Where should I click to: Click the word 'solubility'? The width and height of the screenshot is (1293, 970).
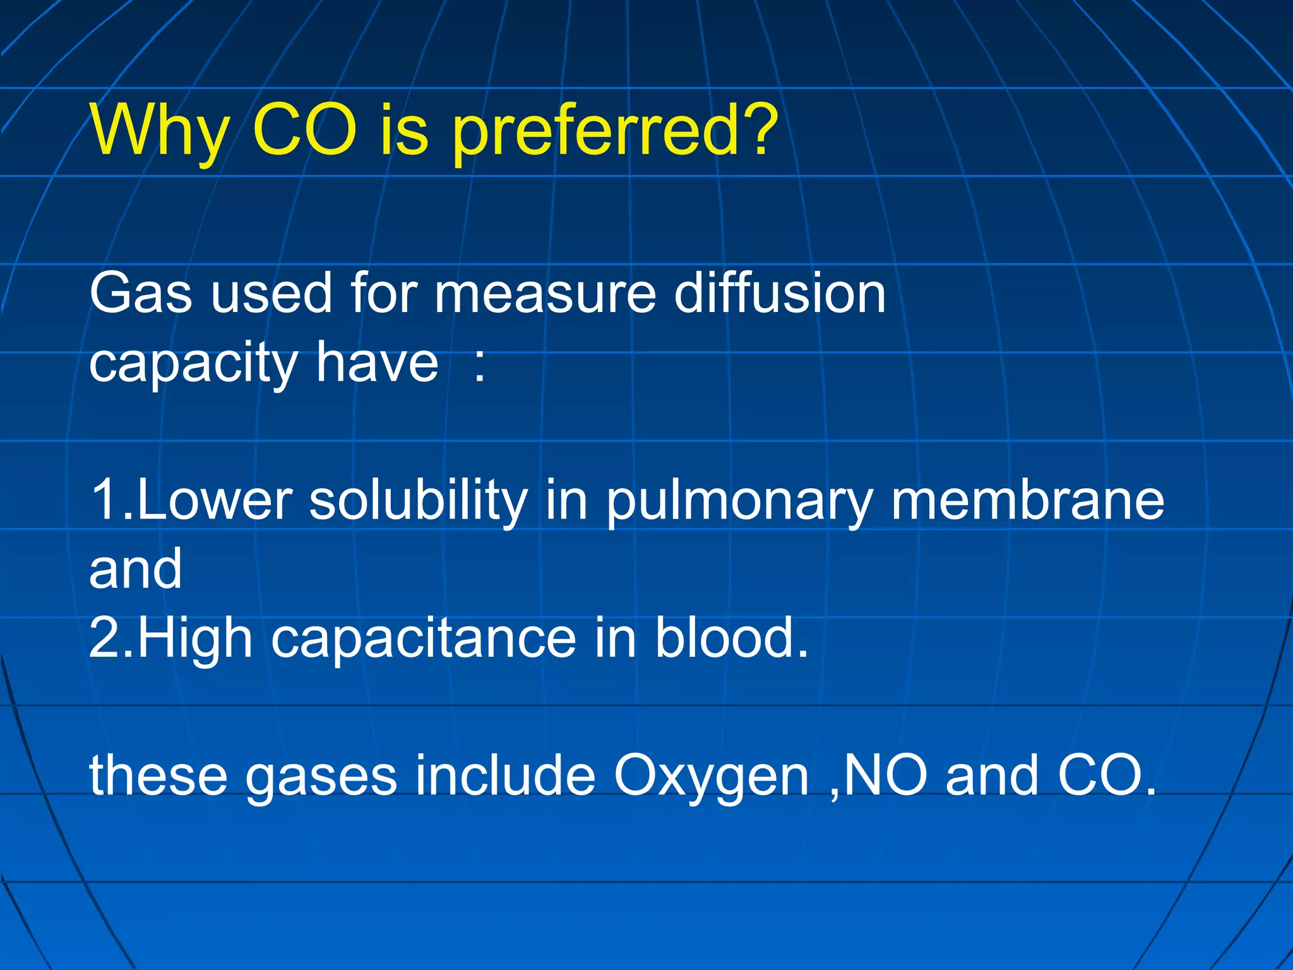click(418, 500)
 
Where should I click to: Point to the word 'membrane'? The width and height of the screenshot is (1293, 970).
click(1027, 500)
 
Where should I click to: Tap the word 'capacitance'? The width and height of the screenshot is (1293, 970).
click(423, 639)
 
